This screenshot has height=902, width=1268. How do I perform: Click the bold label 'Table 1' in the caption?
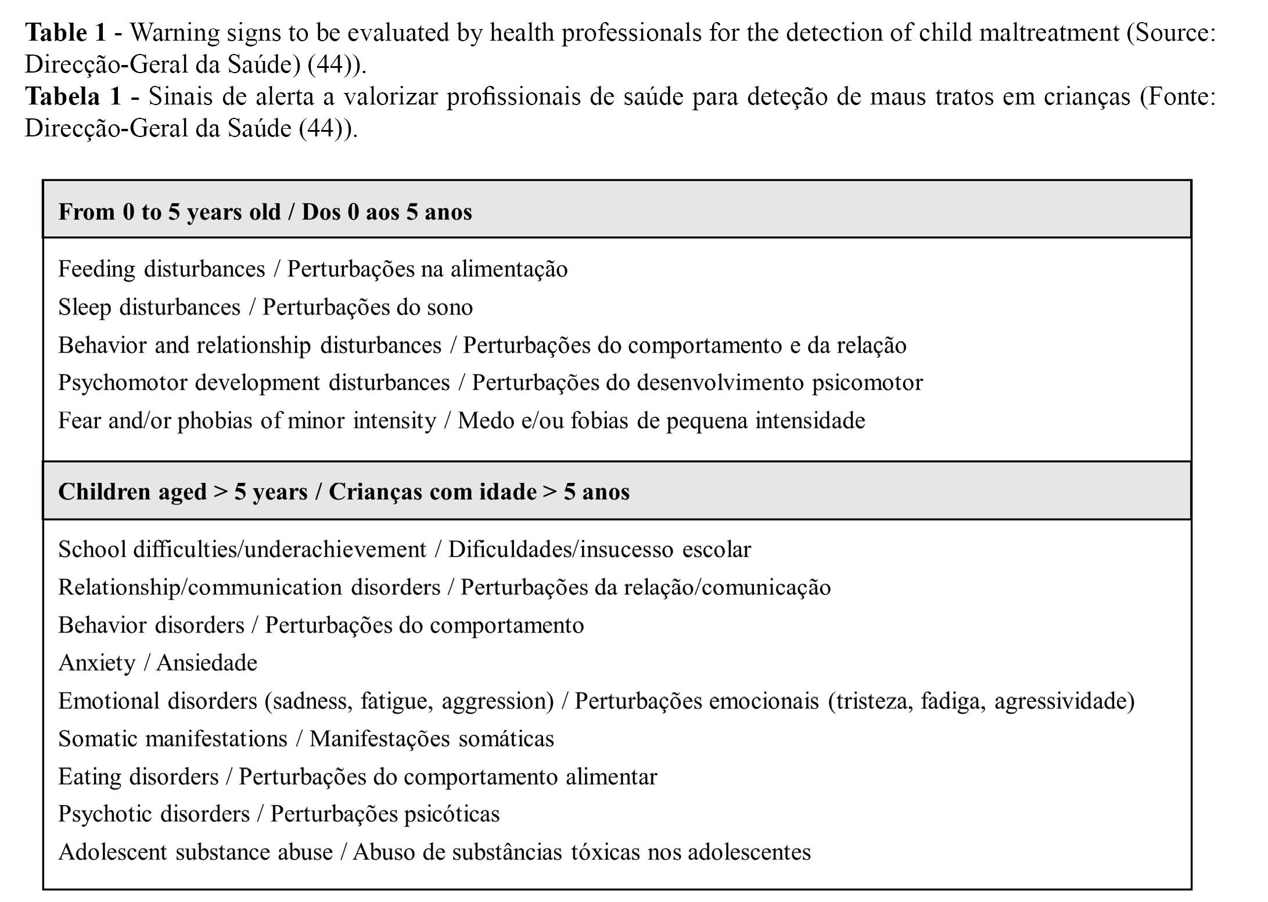point(65,33)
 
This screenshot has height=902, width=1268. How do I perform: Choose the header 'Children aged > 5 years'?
point(183,492)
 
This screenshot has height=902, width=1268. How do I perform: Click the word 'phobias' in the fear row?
point(214,421)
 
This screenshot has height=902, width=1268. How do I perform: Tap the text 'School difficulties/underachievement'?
point(242,549)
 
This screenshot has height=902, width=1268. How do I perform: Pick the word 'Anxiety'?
point(96,663)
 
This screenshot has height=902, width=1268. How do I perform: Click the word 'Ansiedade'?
point(207,663)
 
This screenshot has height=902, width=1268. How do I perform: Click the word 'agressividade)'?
point(1065,701)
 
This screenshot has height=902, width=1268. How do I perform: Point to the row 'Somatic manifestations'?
point(173,739)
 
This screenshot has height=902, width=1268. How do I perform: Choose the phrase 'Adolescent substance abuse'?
point(196,852)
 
